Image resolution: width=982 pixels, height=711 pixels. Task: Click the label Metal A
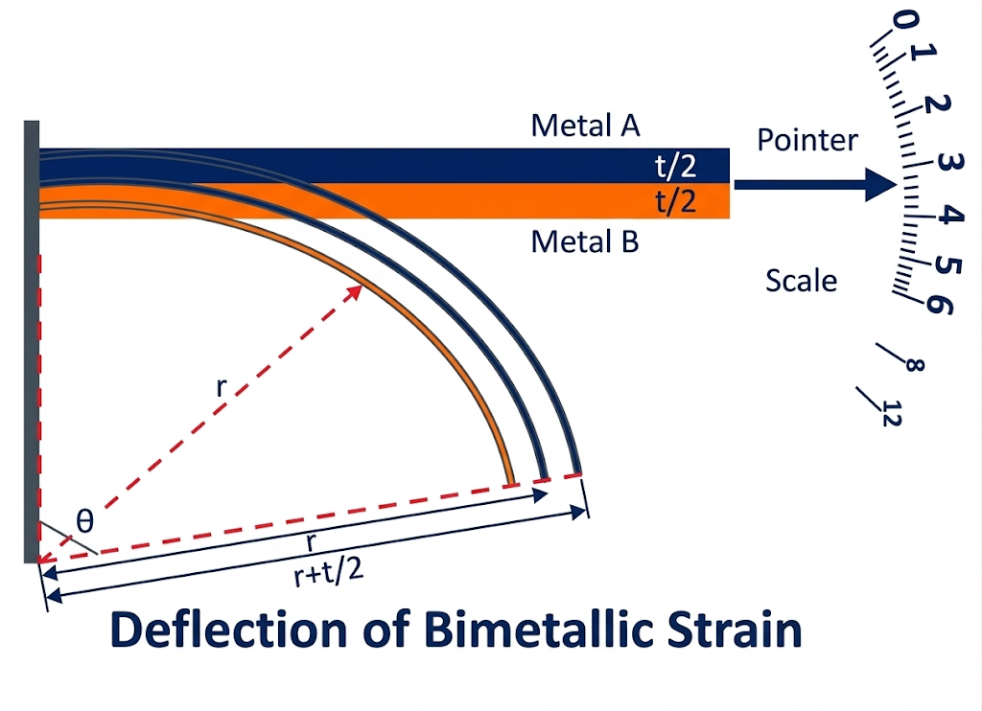[585, 126]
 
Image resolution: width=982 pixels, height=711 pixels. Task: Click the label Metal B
[585, 241]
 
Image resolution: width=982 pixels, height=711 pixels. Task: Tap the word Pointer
[807, 140]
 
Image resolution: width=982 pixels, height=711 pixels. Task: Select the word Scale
[801, 280]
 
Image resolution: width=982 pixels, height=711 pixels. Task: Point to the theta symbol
[85, 521]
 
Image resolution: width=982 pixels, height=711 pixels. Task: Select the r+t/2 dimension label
[321, 574]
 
